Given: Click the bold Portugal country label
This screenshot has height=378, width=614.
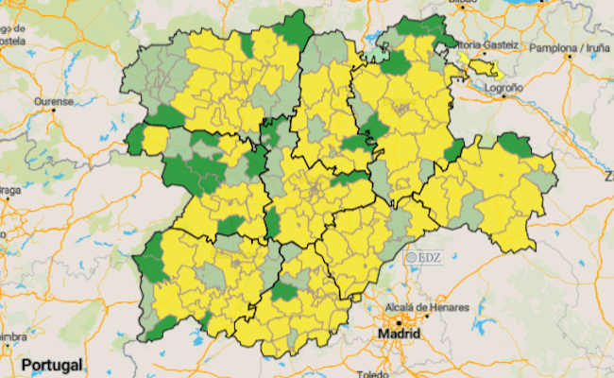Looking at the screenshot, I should (52, 365).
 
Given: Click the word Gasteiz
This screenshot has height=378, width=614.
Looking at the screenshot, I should (498, 44).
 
